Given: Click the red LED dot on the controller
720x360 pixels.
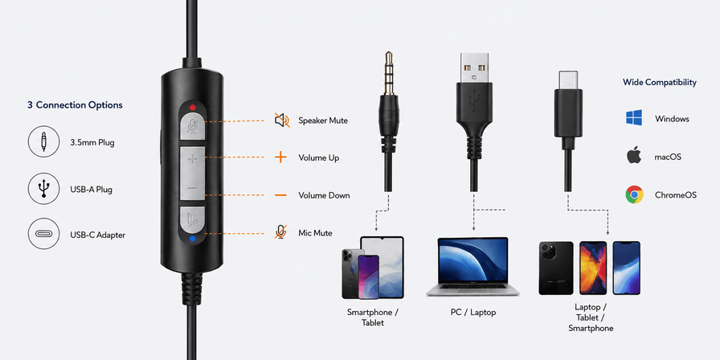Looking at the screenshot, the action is click(192, 108).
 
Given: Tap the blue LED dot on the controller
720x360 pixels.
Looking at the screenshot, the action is click(192, 239).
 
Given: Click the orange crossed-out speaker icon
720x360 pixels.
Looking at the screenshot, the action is click(282, 121).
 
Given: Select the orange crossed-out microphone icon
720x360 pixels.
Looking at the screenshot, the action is click(280, 232).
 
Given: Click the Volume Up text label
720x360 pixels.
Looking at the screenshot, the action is click(319, 158).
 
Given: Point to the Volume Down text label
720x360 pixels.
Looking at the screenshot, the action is click(324, 195).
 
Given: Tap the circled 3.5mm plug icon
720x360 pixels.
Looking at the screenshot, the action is click(44, 142).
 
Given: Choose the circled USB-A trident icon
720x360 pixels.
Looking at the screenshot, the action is click(44, 188).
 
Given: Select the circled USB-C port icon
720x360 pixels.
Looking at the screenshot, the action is click(44, 234).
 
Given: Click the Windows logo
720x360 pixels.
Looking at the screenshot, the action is click(634, 118).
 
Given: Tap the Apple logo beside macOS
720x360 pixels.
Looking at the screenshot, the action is click(634, 156).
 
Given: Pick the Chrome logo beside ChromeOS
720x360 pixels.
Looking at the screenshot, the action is click(634, 194).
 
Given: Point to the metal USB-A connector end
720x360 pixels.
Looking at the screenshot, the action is click(475, 68).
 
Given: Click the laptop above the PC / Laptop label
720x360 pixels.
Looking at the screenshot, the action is click(472, 267).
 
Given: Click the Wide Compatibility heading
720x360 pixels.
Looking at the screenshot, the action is click(660, 82).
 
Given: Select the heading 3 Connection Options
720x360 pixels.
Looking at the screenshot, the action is click(75, 105).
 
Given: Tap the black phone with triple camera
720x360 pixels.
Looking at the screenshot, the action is click(556, 268).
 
